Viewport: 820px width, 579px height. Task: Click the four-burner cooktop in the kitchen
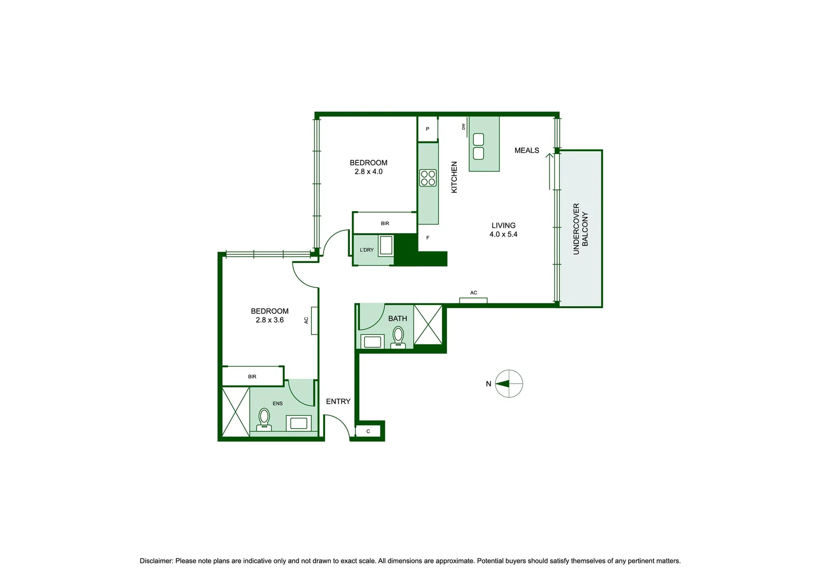[428, 178]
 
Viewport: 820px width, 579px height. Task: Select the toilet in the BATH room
[398, 337]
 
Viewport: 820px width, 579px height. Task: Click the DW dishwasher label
[464, 127]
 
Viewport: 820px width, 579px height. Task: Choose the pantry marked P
[428, 129]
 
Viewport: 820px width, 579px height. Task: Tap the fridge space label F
[428, 237]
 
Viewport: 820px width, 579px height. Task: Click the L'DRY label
[367, 250]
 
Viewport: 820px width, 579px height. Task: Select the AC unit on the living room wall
[473, 300]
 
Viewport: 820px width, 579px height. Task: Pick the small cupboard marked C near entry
[368, 431]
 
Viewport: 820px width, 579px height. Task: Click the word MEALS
[527, 150]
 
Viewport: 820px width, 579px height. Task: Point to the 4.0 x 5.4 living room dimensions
[503, 234]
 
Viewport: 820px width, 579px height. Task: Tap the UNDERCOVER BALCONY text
[581, 229]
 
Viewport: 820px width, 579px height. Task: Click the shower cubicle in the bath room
[428, 324]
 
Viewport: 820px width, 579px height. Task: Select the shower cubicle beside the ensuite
[236, 412]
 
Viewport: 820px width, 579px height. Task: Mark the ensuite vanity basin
[299, 423]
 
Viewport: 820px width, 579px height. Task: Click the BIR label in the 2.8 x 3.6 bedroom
[252, 376]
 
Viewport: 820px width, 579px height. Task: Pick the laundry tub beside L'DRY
[386, 246]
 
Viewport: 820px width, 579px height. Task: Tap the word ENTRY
[338, 401]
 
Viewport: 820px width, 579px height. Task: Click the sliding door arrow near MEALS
[550, 172]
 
